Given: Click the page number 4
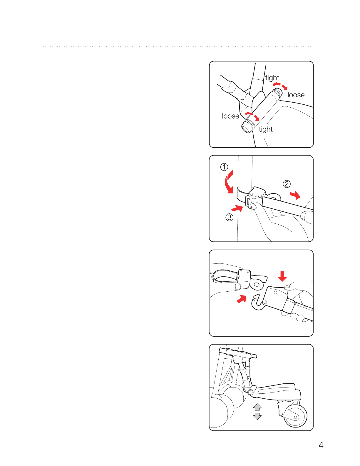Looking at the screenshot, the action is click(321, 445).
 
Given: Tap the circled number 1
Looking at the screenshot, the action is click(224, 167).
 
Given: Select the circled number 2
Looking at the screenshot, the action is click(287, 184).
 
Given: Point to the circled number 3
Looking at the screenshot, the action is click(229, 217).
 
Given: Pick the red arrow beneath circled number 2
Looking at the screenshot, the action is click(295, 195).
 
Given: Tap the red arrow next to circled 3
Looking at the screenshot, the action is click(237, 208).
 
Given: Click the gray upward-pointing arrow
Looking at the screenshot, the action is click(257, 407).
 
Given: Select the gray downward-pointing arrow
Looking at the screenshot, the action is click(257, 416).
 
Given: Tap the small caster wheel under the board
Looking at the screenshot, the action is click(295, 416).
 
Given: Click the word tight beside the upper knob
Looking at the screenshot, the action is click(272, 78).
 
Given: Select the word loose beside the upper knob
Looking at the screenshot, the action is click(296, 95).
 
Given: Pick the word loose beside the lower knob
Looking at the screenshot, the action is click(231, 116).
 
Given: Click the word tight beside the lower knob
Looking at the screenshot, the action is click(266, 129).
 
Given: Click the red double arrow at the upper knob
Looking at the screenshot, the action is click(280, 86).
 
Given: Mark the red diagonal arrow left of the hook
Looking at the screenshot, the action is click(242, 299).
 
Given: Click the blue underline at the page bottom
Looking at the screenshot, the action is click(58, 463).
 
